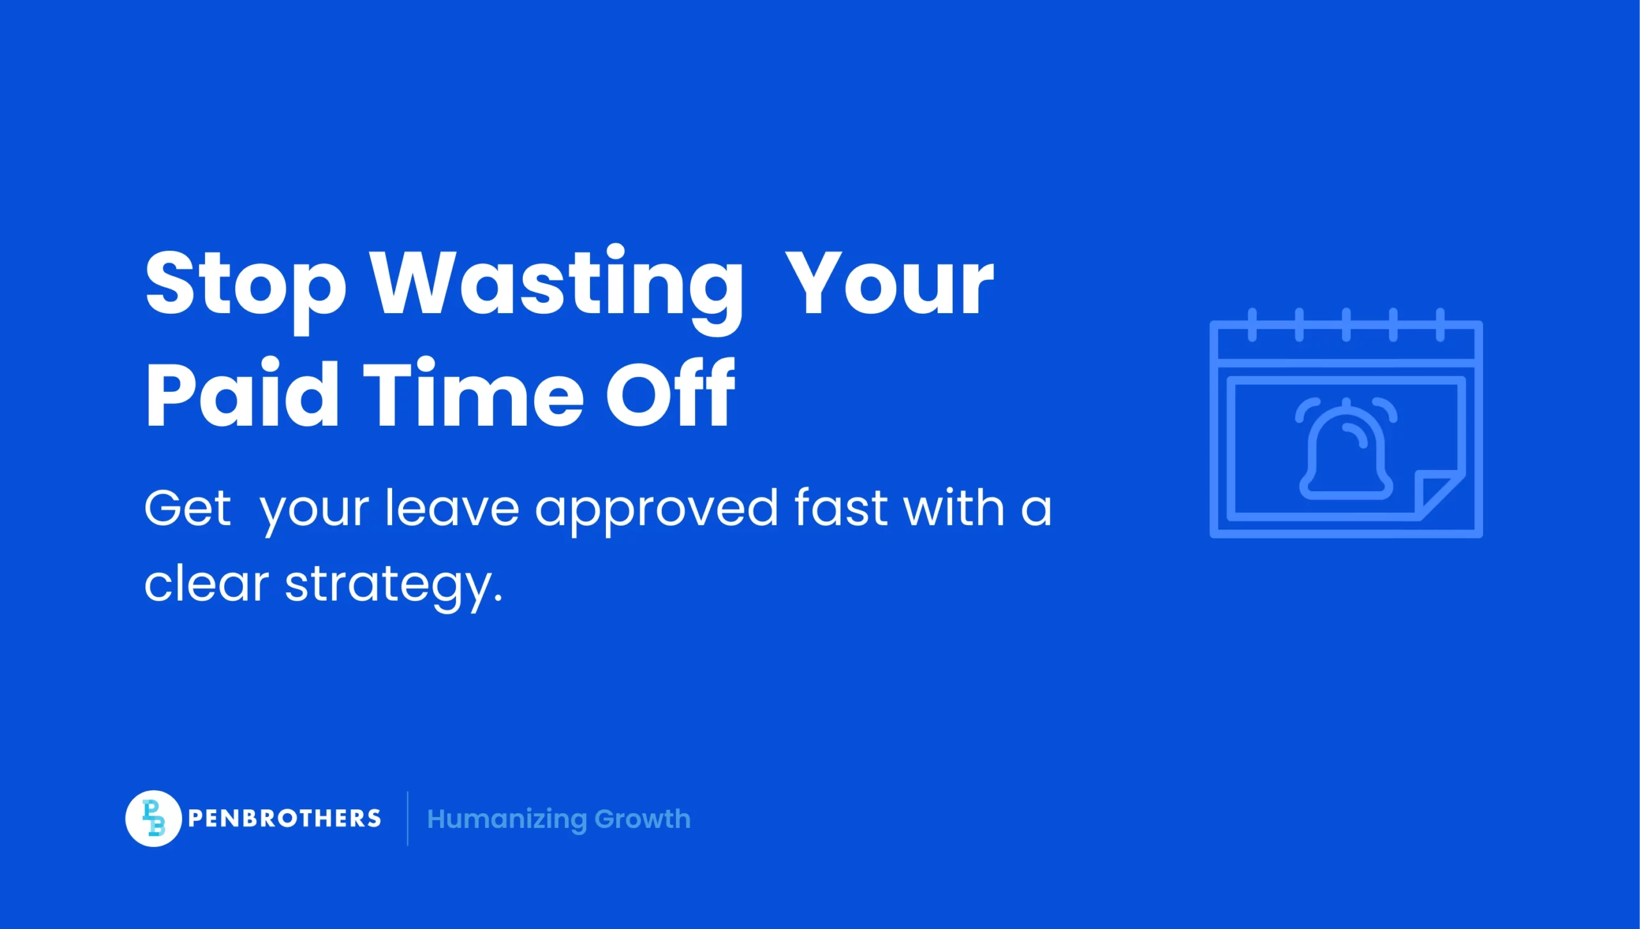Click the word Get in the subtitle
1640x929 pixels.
(x=187, y=509)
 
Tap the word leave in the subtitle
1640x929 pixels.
(x=452, y=509)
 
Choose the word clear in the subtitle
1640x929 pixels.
(x=206, y=585)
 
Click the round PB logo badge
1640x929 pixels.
(x=154, y=818)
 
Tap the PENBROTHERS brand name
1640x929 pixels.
(x=284, y=818)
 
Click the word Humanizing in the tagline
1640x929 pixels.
(x=507, y=820)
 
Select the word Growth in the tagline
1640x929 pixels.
(x=643, y=820)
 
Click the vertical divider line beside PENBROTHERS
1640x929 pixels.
(x=407, y=818)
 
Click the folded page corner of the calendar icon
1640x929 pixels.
(x=1435, y=493)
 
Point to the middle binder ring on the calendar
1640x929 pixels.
(x=1346, y=325)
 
